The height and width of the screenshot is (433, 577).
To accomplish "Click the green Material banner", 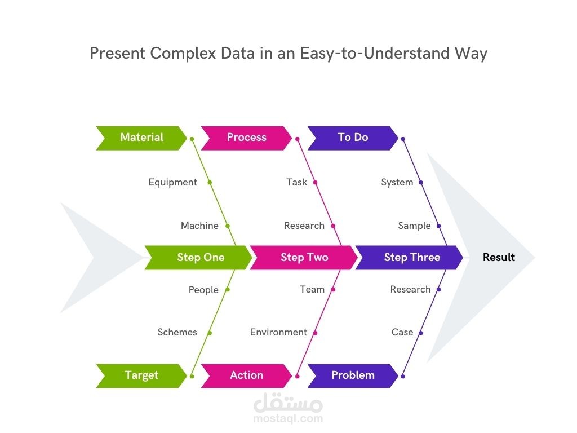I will click(x=141, y=138).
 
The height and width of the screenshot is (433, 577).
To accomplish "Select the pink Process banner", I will click(x=246, y=138).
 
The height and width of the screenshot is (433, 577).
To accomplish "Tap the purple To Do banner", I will click(x=353, y=138).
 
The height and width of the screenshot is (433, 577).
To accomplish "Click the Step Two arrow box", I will click(x=304, y=258).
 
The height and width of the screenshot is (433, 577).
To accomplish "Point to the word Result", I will click(x=499, y=258).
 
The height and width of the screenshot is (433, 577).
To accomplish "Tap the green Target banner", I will click(x=141, y=375).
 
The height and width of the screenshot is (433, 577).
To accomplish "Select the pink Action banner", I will click(x=246, y=375).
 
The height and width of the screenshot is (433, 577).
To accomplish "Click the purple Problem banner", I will click(x=353, y=375).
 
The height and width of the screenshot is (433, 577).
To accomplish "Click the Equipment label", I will click(x=172, y=183).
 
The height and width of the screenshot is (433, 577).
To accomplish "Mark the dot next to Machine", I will click(x=228, y=226).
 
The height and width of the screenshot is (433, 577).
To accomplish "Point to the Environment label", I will click(x=278, y=333).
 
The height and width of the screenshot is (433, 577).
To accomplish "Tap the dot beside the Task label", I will click(x=315, y=183).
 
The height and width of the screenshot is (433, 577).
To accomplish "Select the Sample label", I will click(x=414, y=226).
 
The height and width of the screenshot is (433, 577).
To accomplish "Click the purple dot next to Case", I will click(x=420, y=333).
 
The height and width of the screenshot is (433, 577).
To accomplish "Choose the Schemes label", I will click(x=177, y=333).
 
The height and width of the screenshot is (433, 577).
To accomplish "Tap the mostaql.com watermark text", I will click(x=288, y=419).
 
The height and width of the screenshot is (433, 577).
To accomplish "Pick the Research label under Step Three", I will click(x=410, y=290).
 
